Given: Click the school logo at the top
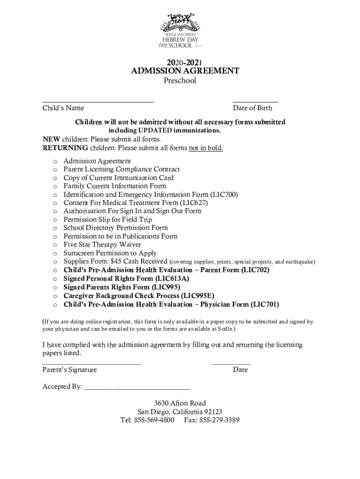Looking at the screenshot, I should coord(180,30).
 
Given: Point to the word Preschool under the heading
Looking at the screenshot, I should coord(180,81).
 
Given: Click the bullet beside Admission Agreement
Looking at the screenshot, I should coord(55,161).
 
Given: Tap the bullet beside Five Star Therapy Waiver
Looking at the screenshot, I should coord(55,245).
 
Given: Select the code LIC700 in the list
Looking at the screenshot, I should coord(226,195).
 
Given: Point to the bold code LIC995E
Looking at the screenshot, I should coord(198,296).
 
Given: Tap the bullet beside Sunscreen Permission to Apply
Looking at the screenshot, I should coord(55,254).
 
